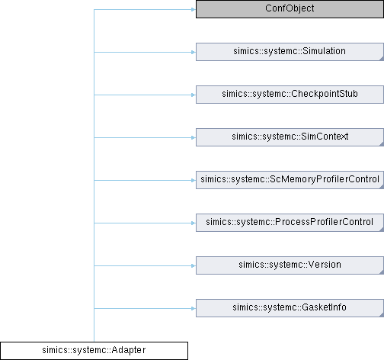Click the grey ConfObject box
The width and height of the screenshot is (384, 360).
click(x=290, y=9)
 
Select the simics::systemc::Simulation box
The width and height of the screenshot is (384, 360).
click(x=290, y=52)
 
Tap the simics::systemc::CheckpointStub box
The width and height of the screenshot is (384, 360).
click(x=290, y=95)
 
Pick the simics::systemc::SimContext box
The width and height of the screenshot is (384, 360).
click(x=290, y=137)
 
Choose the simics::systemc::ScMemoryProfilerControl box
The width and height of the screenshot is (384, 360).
click(x=290, y=180)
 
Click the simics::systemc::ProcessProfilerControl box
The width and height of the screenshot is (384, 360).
click(x=290, y=223)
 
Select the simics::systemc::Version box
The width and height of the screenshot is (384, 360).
click(x=290, y=265)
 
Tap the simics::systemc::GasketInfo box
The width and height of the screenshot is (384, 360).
click(x=290, y=308)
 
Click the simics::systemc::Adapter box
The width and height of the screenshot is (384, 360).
click(x=94, y=351)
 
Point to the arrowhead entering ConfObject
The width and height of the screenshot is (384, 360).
click(x=194, y=10)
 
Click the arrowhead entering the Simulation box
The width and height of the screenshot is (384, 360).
click(x=194, y=53)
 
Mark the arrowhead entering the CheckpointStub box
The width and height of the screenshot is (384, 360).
click(x=194, y=95)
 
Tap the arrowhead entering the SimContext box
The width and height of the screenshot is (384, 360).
click(x=194, y=138)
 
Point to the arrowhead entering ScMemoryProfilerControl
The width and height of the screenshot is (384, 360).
click(x=194, y=181)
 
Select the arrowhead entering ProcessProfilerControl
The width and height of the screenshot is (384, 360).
click(x=194, y=223)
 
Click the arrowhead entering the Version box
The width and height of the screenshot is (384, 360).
click(x=194, y=266)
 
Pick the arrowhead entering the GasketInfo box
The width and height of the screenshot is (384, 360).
click(x=194, y=309)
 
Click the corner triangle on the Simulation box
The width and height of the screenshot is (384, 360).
click(x=382, y=59)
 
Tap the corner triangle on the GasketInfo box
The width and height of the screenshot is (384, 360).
click(x=382, y=315)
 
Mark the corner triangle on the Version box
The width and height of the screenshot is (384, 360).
click(x=382, y=272)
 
